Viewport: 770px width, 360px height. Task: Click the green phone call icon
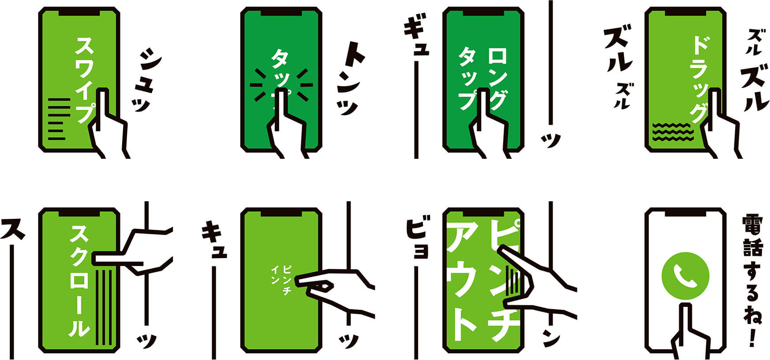click(x=685, y=275)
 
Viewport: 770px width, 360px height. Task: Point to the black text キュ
click(x=214, y=241)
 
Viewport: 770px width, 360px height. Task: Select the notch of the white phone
click(x=685, y=213)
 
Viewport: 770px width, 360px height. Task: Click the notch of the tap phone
click(x=281, y=12)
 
